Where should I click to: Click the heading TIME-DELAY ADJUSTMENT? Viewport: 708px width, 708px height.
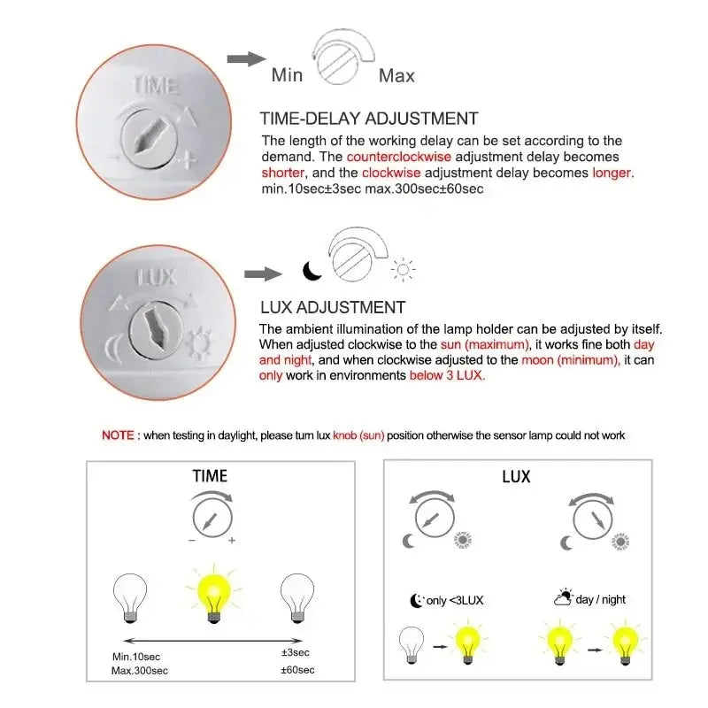click(368, 119)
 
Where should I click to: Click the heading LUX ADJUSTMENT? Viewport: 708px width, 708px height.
click(332, 307)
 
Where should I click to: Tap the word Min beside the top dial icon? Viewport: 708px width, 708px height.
click(287, 75)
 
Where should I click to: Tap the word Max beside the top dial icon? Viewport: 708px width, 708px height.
click(396, 75)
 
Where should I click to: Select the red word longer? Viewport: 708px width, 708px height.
click(612, 173)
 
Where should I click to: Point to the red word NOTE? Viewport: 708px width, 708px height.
click(118, 435)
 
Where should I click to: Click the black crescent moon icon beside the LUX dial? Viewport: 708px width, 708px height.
click(312, 271)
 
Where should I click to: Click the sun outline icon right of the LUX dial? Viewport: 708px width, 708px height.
click(404, 270)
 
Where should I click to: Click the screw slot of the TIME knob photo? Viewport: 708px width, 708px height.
click(143, 139)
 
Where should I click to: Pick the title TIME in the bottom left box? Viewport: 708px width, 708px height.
click(210, 476)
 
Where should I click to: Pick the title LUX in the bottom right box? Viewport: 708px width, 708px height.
click(516, 477)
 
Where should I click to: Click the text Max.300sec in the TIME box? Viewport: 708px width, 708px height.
click(141, 670)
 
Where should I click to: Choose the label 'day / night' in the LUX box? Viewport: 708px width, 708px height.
click(600, 599)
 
